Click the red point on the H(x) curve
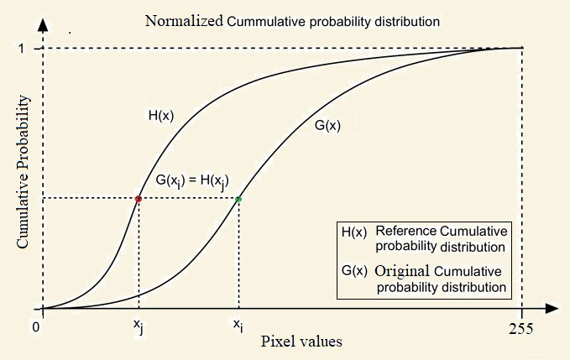pos(139,199)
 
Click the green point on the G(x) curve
pos(238,199)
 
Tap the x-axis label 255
pos(521,329)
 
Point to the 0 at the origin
pos(35,327)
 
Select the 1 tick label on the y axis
pos(23,48)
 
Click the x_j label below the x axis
pos(139,326)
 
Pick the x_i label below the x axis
pos(238,325)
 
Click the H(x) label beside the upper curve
pos(161,116)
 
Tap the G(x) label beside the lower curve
pos(327,125)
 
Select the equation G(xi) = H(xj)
pos(192,181)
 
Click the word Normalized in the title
pos(184,21)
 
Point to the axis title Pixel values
pos(301,342)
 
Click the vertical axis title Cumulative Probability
pos(23,171)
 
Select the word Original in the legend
pos(402,271)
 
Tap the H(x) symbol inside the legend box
pos(354,232)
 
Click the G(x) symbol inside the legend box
pos(354,271)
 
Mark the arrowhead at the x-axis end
pos(552,309)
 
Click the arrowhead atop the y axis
pos(43,24)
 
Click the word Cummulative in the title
pos(266,22)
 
